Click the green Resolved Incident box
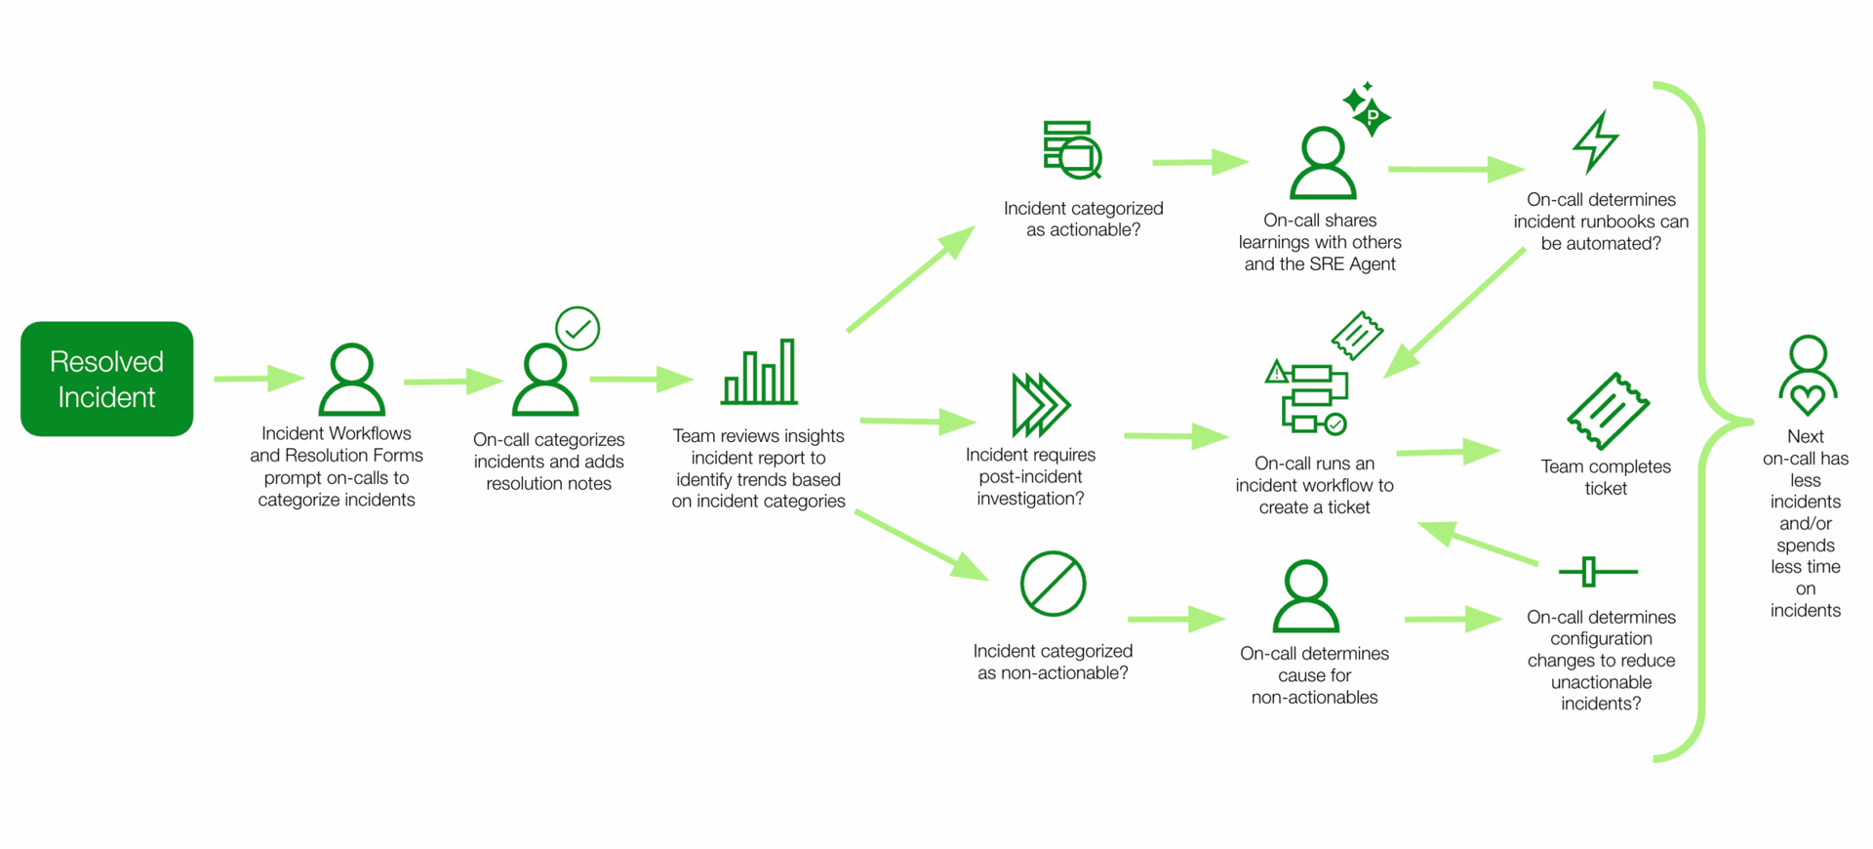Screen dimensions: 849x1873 [106, 379]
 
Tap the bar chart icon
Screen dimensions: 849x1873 [759, 374]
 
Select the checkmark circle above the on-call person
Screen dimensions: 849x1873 [578, 329]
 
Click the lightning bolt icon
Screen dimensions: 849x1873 [1596, 142]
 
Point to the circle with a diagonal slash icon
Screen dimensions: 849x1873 [1053, 585]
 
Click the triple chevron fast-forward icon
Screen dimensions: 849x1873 [1040, 404]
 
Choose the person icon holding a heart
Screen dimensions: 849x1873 [1808, 375]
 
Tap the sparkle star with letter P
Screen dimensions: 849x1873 [1372, 116]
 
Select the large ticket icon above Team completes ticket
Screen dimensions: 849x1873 [1607, 411]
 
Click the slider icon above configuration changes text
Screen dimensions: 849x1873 [1597, 572]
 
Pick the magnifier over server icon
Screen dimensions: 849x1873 [1072, 150]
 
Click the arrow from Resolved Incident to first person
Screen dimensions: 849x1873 [259, 378]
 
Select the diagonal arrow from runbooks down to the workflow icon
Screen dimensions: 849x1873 [1455, 312]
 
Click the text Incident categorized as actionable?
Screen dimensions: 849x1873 [1083, 219]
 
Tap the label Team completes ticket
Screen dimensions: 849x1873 [1606, 477]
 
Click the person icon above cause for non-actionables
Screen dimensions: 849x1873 [1305, 596]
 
